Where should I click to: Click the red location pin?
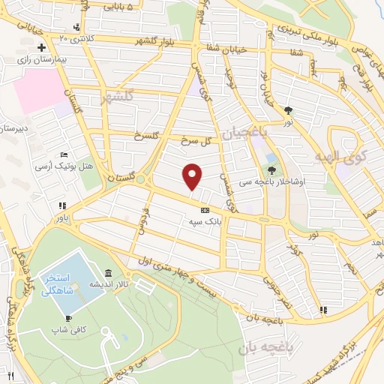coord(193,177)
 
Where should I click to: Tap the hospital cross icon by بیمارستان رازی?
coord(31,47)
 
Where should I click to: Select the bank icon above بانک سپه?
coord(204,210)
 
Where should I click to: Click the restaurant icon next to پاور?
coord(64,205)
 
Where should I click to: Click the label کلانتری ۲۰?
coord(73,38)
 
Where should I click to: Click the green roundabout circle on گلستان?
coord(140,178)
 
